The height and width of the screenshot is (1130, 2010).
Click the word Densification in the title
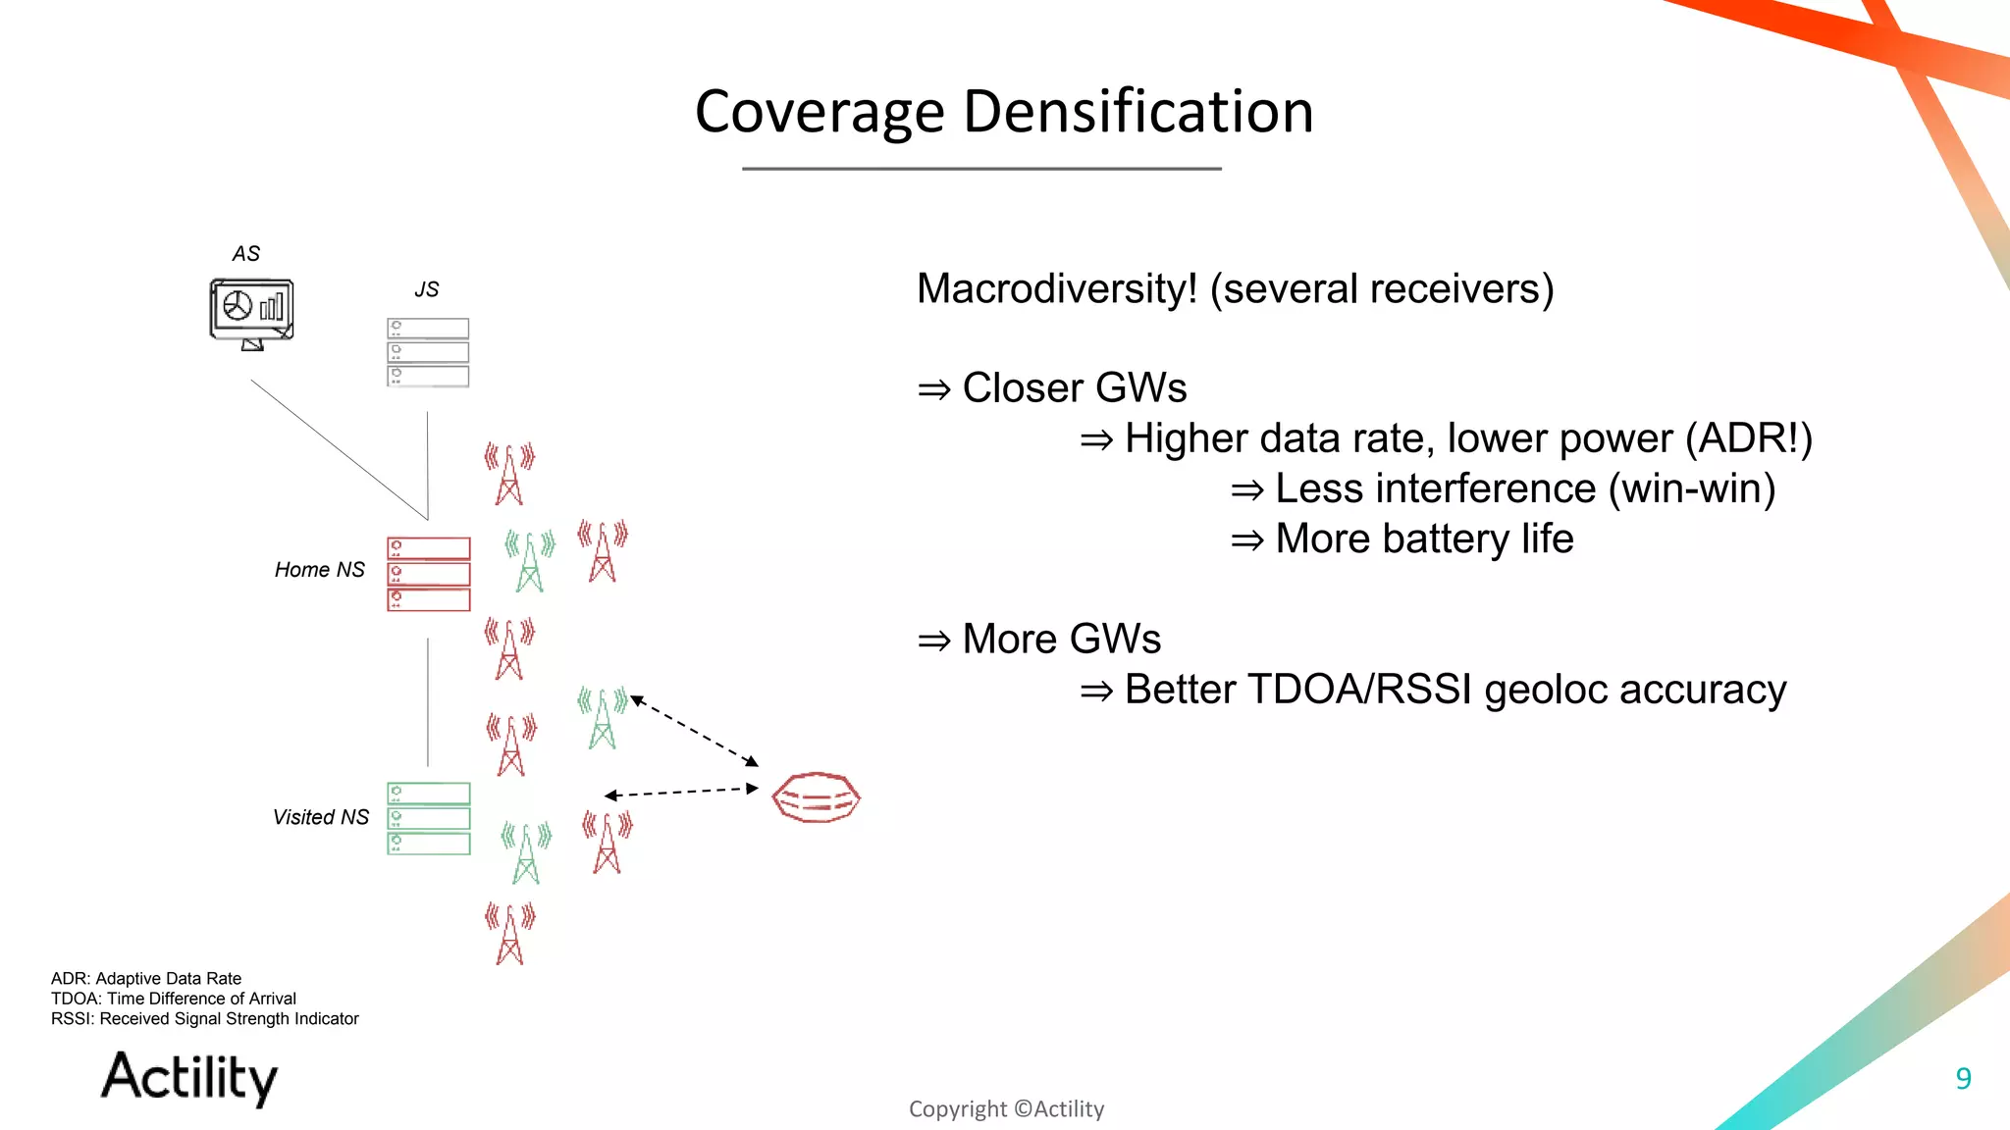1138,111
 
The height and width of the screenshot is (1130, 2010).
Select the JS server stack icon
428,352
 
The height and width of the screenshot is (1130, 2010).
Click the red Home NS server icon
429,574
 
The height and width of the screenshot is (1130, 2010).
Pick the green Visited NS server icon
429,818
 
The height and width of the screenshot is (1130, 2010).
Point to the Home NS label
319,570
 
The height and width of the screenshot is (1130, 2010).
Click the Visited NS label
320,817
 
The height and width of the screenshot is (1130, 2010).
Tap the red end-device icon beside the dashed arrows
816,797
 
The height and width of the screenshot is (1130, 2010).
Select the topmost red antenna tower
509,474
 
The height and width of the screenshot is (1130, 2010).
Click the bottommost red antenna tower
509,934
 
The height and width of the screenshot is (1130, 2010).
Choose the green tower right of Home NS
530,561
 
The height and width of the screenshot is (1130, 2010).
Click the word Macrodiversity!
1057,289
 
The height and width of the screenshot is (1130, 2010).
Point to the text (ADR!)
1748,438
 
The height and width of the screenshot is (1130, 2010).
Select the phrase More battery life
1424,539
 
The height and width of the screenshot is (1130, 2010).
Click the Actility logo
189,1077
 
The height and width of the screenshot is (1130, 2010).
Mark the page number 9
1963,1078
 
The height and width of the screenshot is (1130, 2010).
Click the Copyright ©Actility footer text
1006,1108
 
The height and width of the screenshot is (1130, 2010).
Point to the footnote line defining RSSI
204,1019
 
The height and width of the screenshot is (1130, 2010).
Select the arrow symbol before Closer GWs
934,389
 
